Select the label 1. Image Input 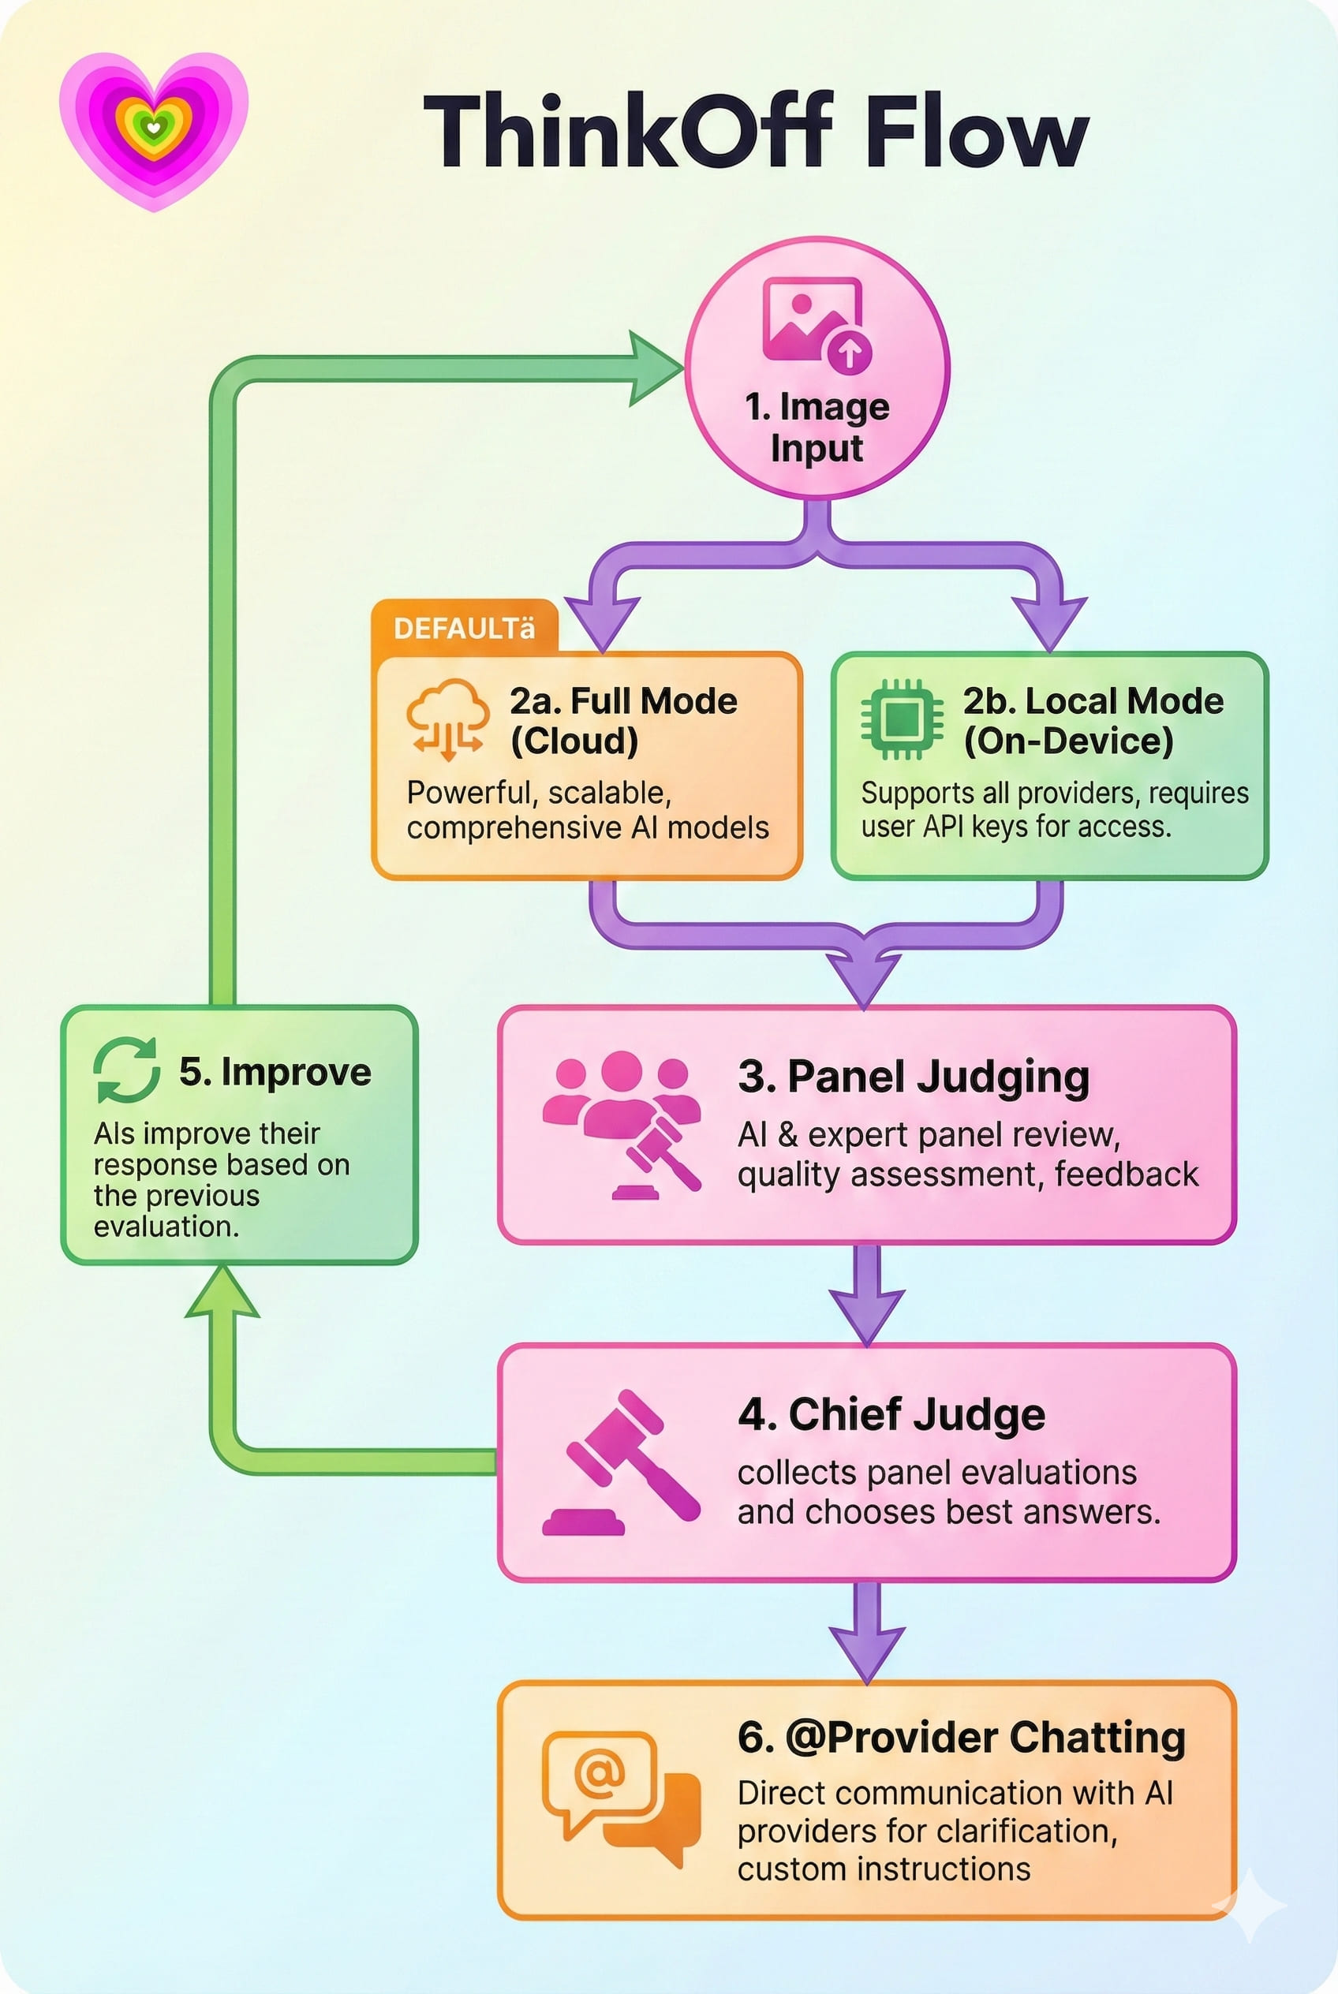(817, 428)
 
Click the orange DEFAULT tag (463, 629)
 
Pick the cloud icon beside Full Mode (447, 719)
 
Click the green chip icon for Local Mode (901, 719)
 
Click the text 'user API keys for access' (1015, 827)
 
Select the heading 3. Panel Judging (913, 1076)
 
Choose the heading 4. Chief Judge (891, 1415)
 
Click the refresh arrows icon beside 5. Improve (126, 1070)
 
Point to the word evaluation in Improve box (166, 1227)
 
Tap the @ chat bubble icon (620, 1798)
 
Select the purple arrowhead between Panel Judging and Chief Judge (866, 1315)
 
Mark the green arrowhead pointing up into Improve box (222, 1294)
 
